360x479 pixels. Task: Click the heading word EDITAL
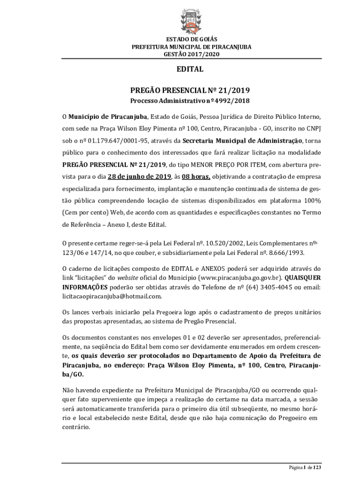(190, 69)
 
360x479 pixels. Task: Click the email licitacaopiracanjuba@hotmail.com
(112, 296)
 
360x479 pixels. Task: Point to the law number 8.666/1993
(284, 253)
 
